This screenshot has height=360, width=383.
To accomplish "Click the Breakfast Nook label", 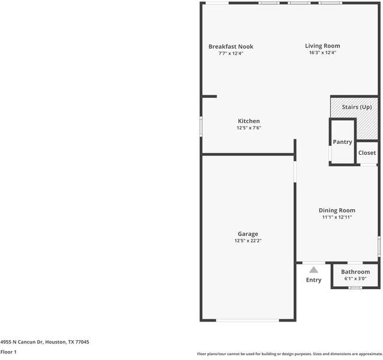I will click(231, 46).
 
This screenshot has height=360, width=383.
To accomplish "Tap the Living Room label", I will click(322, 46).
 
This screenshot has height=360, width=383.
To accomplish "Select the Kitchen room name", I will click(249, 121).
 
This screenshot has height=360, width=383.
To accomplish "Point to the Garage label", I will click(248, 234).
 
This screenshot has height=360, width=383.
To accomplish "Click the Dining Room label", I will click(337, 210).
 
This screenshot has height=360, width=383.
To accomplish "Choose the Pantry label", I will click(342, 142).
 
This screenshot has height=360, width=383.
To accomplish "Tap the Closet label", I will click(367, 153).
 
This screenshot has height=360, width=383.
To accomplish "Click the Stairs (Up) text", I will click(357, 107).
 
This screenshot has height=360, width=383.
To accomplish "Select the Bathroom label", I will click(355, 272).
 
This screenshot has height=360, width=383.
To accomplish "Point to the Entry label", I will click(313, 280).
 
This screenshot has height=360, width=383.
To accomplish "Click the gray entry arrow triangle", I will click(313, 270).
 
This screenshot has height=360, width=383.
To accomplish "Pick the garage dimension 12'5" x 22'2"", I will click(248, 241).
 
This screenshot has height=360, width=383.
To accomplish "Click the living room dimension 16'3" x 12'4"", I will click(322, 53).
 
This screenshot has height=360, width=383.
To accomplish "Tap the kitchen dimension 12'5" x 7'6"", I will click(249, 128).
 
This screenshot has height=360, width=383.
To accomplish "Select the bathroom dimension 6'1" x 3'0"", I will click(355, 278).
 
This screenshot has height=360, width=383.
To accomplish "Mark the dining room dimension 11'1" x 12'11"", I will click(337, 217).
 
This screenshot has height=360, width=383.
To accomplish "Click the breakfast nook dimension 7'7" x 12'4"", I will click(231, 53).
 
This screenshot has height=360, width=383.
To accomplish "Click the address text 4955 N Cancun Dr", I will click(45, 342).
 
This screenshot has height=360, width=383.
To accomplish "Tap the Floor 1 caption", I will click(8, 352).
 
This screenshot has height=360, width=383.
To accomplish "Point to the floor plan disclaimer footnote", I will click(289, 354).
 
